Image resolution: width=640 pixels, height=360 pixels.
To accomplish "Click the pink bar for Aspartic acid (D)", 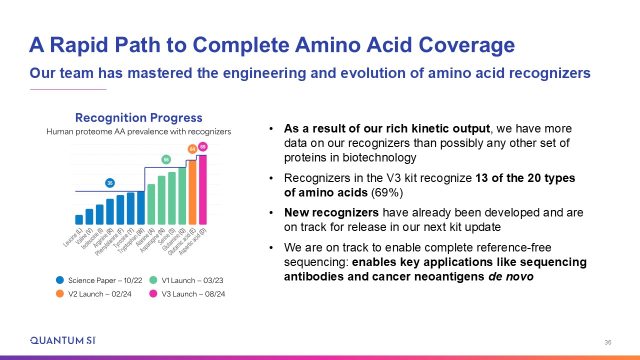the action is pyautogui.click(x=203, y=189).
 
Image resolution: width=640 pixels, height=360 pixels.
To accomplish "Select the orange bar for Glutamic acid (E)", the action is pyautogui.click(x=192, y=192).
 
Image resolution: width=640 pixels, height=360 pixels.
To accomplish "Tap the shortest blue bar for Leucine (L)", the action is pyautogui.click(x=79, y=219).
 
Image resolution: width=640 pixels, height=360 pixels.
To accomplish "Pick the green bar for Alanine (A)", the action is pyautogui.click(x=151, y=204).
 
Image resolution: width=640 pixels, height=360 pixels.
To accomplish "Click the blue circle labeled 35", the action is pyautogui.click(x=110, y=183).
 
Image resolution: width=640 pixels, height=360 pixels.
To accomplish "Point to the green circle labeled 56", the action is pyautogui.click(x=166, y=159).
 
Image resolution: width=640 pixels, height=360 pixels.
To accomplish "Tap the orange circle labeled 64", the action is pyautogui.click(x=192, y=149).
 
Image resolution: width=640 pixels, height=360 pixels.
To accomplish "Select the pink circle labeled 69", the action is pyautogui.click(x=203, y=146).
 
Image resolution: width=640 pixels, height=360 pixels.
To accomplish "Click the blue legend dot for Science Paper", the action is pyautogui.click(x=60, y=280).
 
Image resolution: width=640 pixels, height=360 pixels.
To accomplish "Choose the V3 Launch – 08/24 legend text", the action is pyautogui.click(x=193, y=293).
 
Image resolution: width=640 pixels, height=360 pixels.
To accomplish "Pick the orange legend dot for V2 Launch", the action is pyautogui.click(x=60, y=293).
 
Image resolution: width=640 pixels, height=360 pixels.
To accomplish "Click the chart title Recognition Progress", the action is pyautogui.click(x=138, y=117).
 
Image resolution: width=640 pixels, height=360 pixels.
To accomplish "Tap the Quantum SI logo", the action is pyautogui.click(x=63, y=340).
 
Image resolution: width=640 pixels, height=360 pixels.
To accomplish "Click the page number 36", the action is pyautogui.click(x=607, y=342).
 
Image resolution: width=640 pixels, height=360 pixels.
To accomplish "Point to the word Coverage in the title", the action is pyautogui.click(x=466, y=45).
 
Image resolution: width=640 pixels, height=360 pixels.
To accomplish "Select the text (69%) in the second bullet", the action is pyautogui.click(x=387, y=192).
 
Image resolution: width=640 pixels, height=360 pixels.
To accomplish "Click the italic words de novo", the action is pyautogui.click(x=511, y=276).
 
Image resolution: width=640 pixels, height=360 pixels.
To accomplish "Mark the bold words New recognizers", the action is pyautogui.click(x=331, y=212).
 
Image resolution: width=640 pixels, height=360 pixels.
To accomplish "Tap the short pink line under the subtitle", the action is pyautogui.click(x=68, y=89).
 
